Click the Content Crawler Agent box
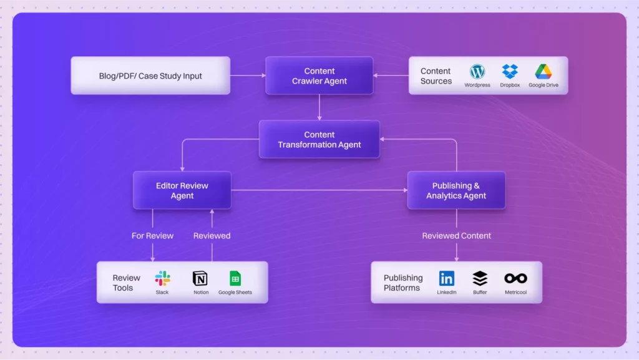coord(319,76)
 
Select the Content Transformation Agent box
coord(319,140)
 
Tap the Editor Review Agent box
coord(182,190)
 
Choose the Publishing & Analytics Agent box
coord(456,190)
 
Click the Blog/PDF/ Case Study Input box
coord(150,76)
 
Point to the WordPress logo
coord(477,71)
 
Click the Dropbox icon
coord(510,71)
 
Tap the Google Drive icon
coord(543,71)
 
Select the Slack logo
coord(162,278)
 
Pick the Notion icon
coord(200,278)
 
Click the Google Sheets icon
coord(235,278)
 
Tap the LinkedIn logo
coord(447,278)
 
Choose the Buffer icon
coord(480,278)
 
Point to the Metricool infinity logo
coord(515,278)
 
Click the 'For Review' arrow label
coord(152,236)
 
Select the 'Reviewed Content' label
coord(456,236)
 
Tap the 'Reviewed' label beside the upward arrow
coord(212,236)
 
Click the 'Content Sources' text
coord(436,76)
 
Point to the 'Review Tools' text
coord(127,283)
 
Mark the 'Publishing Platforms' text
coord(402,283)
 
